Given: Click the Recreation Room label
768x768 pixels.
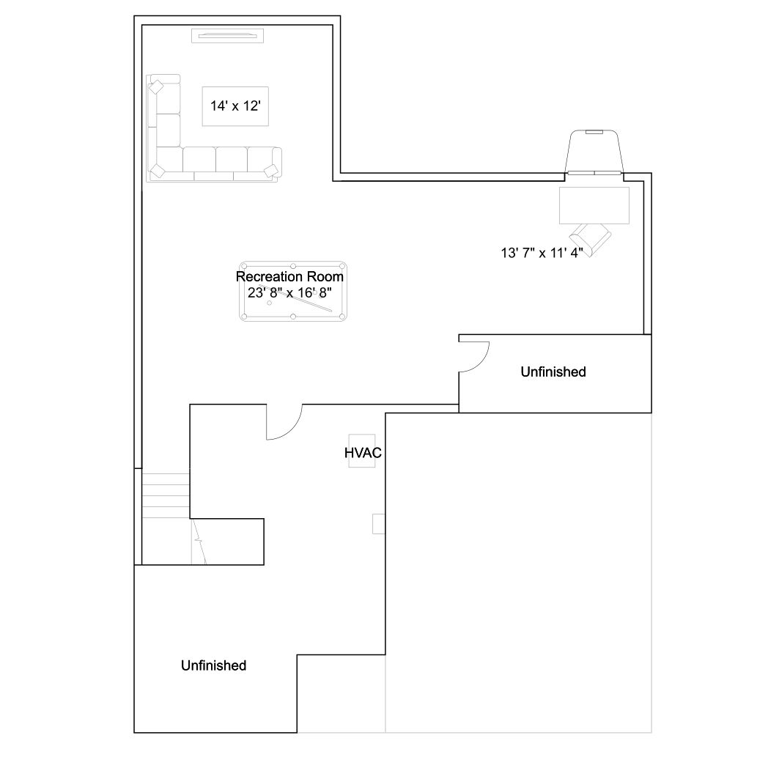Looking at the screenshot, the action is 289,277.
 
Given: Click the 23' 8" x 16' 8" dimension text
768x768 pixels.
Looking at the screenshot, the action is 289,293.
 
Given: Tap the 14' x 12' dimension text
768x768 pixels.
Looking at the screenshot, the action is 235,106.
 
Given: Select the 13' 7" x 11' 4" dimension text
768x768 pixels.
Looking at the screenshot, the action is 542,253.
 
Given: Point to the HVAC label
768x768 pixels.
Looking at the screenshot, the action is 363,453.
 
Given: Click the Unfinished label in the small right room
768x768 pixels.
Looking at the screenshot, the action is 553,372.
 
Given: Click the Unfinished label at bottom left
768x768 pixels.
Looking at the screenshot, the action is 213,665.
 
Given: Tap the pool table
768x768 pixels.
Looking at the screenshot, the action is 293,292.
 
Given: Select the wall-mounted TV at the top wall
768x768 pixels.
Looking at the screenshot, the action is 227,36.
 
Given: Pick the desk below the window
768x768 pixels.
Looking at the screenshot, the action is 594,205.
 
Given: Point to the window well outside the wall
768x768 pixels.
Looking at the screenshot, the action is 594,151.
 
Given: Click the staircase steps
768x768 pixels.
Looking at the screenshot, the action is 166,495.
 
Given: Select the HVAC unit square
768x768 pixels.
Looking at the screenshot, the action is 362,451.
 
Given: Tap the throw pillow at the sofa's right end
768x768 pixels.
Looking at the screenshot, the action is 271,171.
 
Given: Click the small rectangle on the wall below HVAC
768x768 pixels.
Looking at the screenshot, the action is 379,523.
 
